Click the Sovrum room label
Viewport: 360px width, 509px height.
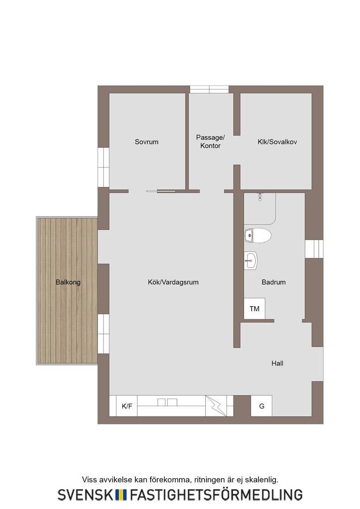(146, 142)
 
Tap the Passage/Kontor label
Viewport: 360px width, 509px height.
(210, 142)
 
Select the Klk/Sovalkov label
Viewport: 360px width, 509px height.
(277, 142)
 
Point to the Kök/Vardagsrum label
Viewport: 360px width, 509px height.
(173, 282)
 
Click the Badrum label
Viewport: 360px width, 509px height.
(273, 282)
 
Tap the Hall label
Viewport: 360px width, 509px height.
(277, 363)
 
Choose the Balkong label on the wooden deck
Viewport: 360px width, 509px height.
(68, 282)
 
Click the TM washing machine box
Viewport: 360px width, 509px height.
(255, 308)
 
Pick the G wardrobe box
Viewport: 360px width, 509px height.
(262, 406)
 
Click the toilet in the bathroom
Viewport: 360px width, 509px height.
(258, 235)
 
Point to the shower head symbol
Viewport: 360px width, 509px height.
(260, 197)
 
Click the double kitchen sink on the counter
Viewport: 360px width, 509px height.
(168, 402)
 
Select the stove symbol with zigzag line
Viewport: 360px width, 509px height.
(216, 406)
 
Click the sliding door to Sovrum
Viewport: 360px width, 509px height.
(161, 191)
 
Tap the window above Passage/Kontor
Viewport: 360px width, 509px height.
(209, 89)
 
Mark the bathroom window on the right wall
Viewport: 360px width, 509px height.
(314, 249)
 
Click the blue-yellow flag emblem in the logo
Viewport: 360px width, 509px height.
(121, 495)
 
